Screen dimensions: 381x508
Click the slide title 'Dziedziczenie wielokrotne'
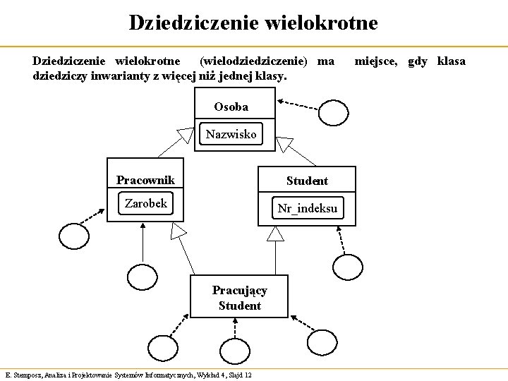(253, 23)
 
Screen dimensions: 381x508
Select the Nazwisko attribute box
(231, 134)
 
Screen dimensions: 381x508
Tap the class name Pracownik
(145, 179)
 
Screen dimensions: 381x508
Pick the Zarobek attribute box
(145, 204)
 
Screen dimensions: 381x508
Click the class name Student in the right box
(307, 181)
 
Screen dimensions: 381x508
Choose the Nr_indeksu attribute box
(308, 208)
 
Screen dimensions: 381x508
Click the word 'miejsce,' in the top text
(377, 61)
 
